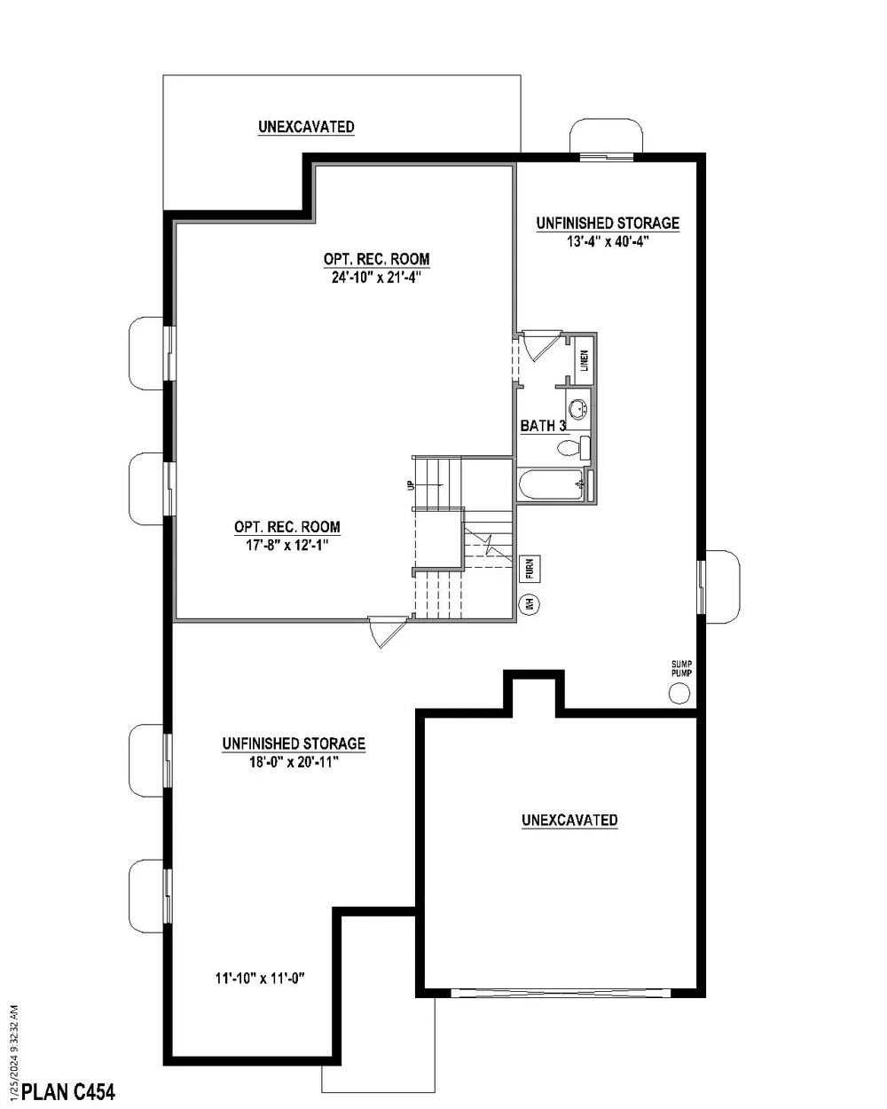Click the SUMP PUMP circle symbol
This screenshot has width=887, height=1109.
coord(679,693)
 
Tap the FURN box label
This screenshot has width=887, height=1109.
coord(530,567)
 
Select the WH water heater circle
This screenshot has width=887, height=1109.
coord(530,604)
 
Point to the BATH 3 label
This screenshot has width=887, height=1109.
coord(543,426)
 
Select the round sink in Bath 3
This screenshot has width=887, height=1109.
coord(578,409)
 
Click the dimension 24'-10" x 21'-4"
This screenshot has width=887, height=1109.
coord(376,277)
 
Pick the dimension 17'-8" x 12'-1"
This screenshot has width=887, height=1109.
coord(287,545)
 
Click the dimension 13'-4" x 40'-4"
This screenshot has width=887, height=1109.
coord(608,241)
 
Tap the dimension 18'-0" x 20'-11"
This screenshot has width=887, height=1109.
coord(294,761)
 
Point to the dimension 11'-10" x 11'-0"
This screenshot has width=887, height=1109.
coord(260,979)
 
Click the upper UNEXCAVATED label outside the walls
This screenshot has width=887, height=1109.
coord(306,127)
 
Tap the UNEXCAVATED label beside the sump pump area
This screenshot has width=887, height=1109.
coord(569,820)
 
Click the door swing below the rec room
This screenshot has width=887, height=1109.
coord(387,631)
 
